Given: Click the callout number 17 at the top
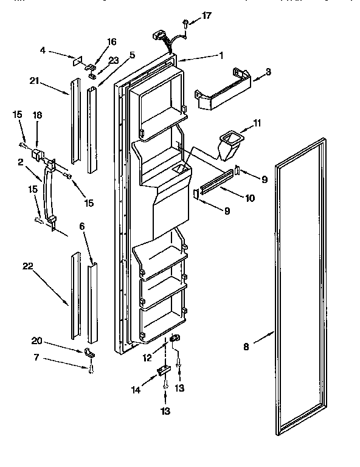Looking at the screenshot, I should click(x=207, y=16).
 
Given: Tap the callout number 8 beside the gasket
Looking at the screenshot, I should click(x=246, y=348).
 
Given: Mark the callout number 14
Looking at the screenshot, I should click(x=136, y=390).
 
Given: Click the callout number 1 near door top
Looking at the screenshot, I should click(x=221, y=55).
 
